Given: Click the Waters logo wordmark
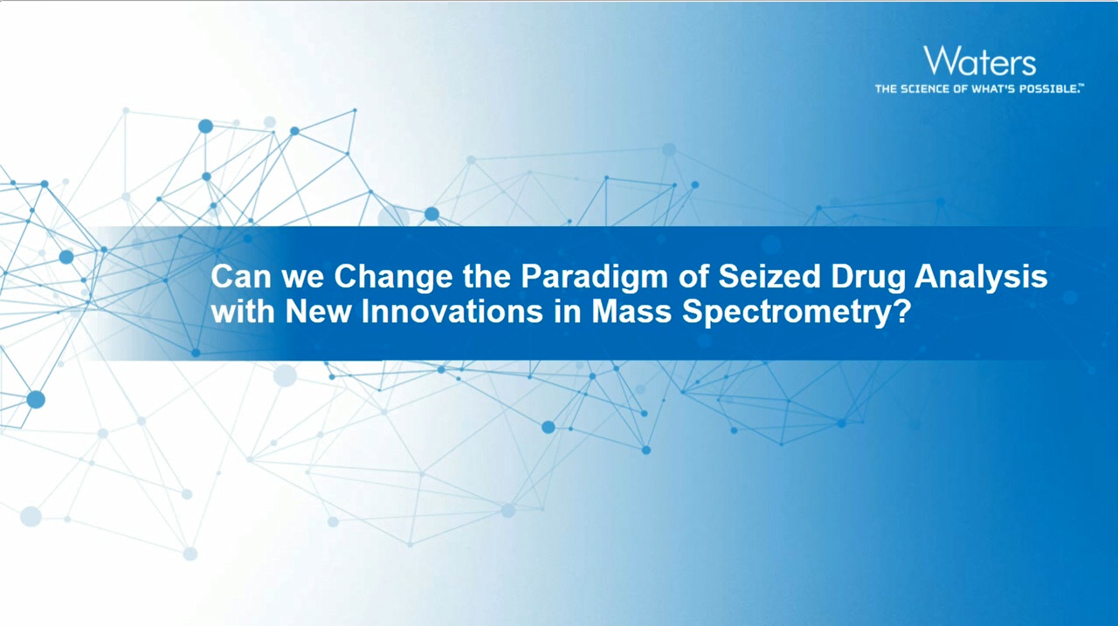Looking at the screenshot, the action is (980, 61).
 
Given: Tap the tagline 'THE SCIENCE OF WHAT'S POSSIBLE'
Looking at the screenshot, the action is (977, 89).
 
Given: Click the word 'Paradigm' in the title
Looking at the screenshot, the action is (594, 279).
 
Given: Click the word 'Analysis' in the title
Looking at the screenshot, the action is (981, 279).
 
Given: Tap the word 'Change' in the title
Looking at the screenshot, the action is (393, 279).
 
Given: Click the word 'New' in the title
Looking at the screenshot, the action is (318, 312).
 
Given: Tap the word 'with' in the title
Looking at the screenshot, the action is (243, 312).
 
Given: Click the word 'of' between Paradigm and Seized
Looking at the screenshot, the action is (693, 277).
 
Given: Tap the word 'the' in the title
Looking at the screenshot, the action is (487, 277).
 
